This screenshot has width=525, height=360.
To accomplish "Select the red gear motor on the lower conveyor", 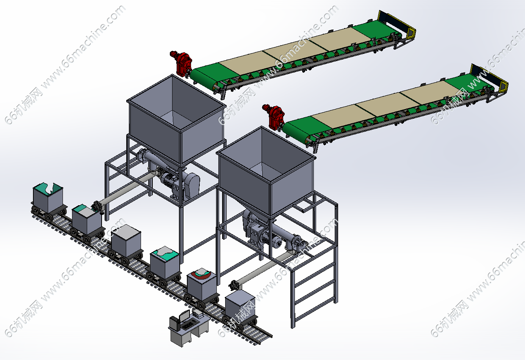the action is (x=273, y=116).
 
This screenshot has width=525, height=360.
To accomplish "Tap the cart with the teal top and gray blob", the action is (x=165, y=266).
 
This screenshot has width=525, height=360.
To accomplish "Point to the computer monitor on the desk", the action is (x=185, y=316).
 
